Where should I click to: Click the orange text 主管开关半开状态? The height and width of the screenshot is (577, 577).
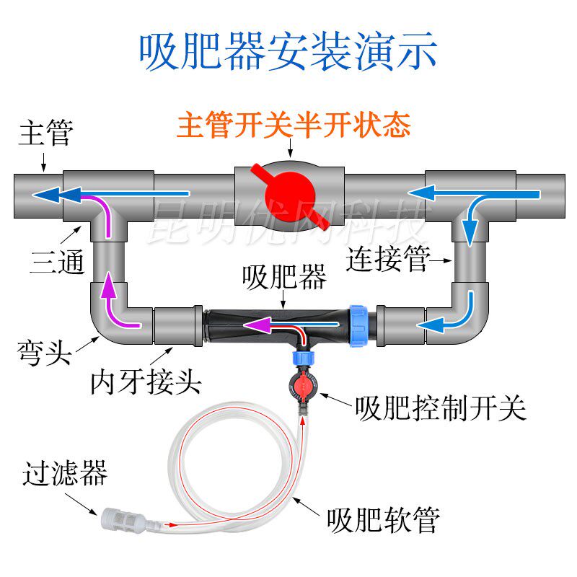(x=294, y=126)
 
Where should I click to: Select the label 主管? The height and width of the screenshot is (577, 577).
(x=45, y=134)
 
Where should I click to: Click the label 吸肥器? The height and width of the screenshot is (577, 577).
(x=284, y=277)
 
